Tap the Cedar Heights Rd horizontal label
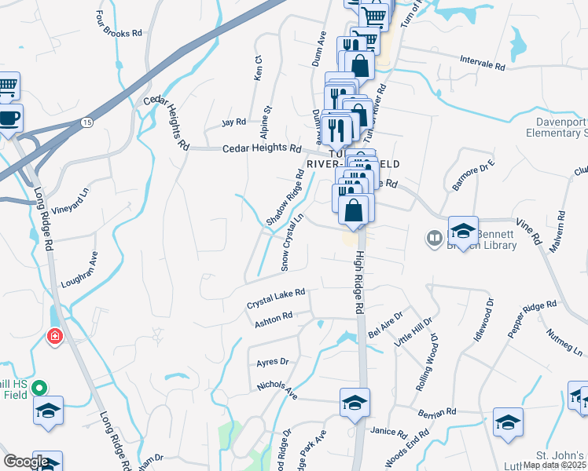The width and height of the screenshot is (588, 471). (x=262, y=148)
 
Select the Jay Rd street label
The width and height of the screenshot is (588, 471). (x=233, y=122)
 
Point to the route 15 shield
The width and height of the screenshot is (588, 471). (x=86, y=122)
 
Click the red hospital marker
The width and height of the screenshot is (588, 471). (x=54, y=337)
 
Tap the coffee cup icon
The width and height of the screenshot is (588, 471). (x=9, y=119)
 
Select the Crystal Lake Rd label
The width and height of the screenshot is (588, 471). (x=275, y=299)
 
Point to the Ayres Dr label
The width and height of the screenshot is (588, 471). (x=273, y=363)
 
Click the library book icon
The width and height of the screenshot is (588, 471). (x=433, y=237)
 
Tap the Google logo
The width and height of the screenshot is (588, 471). (x=26, y=461)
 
